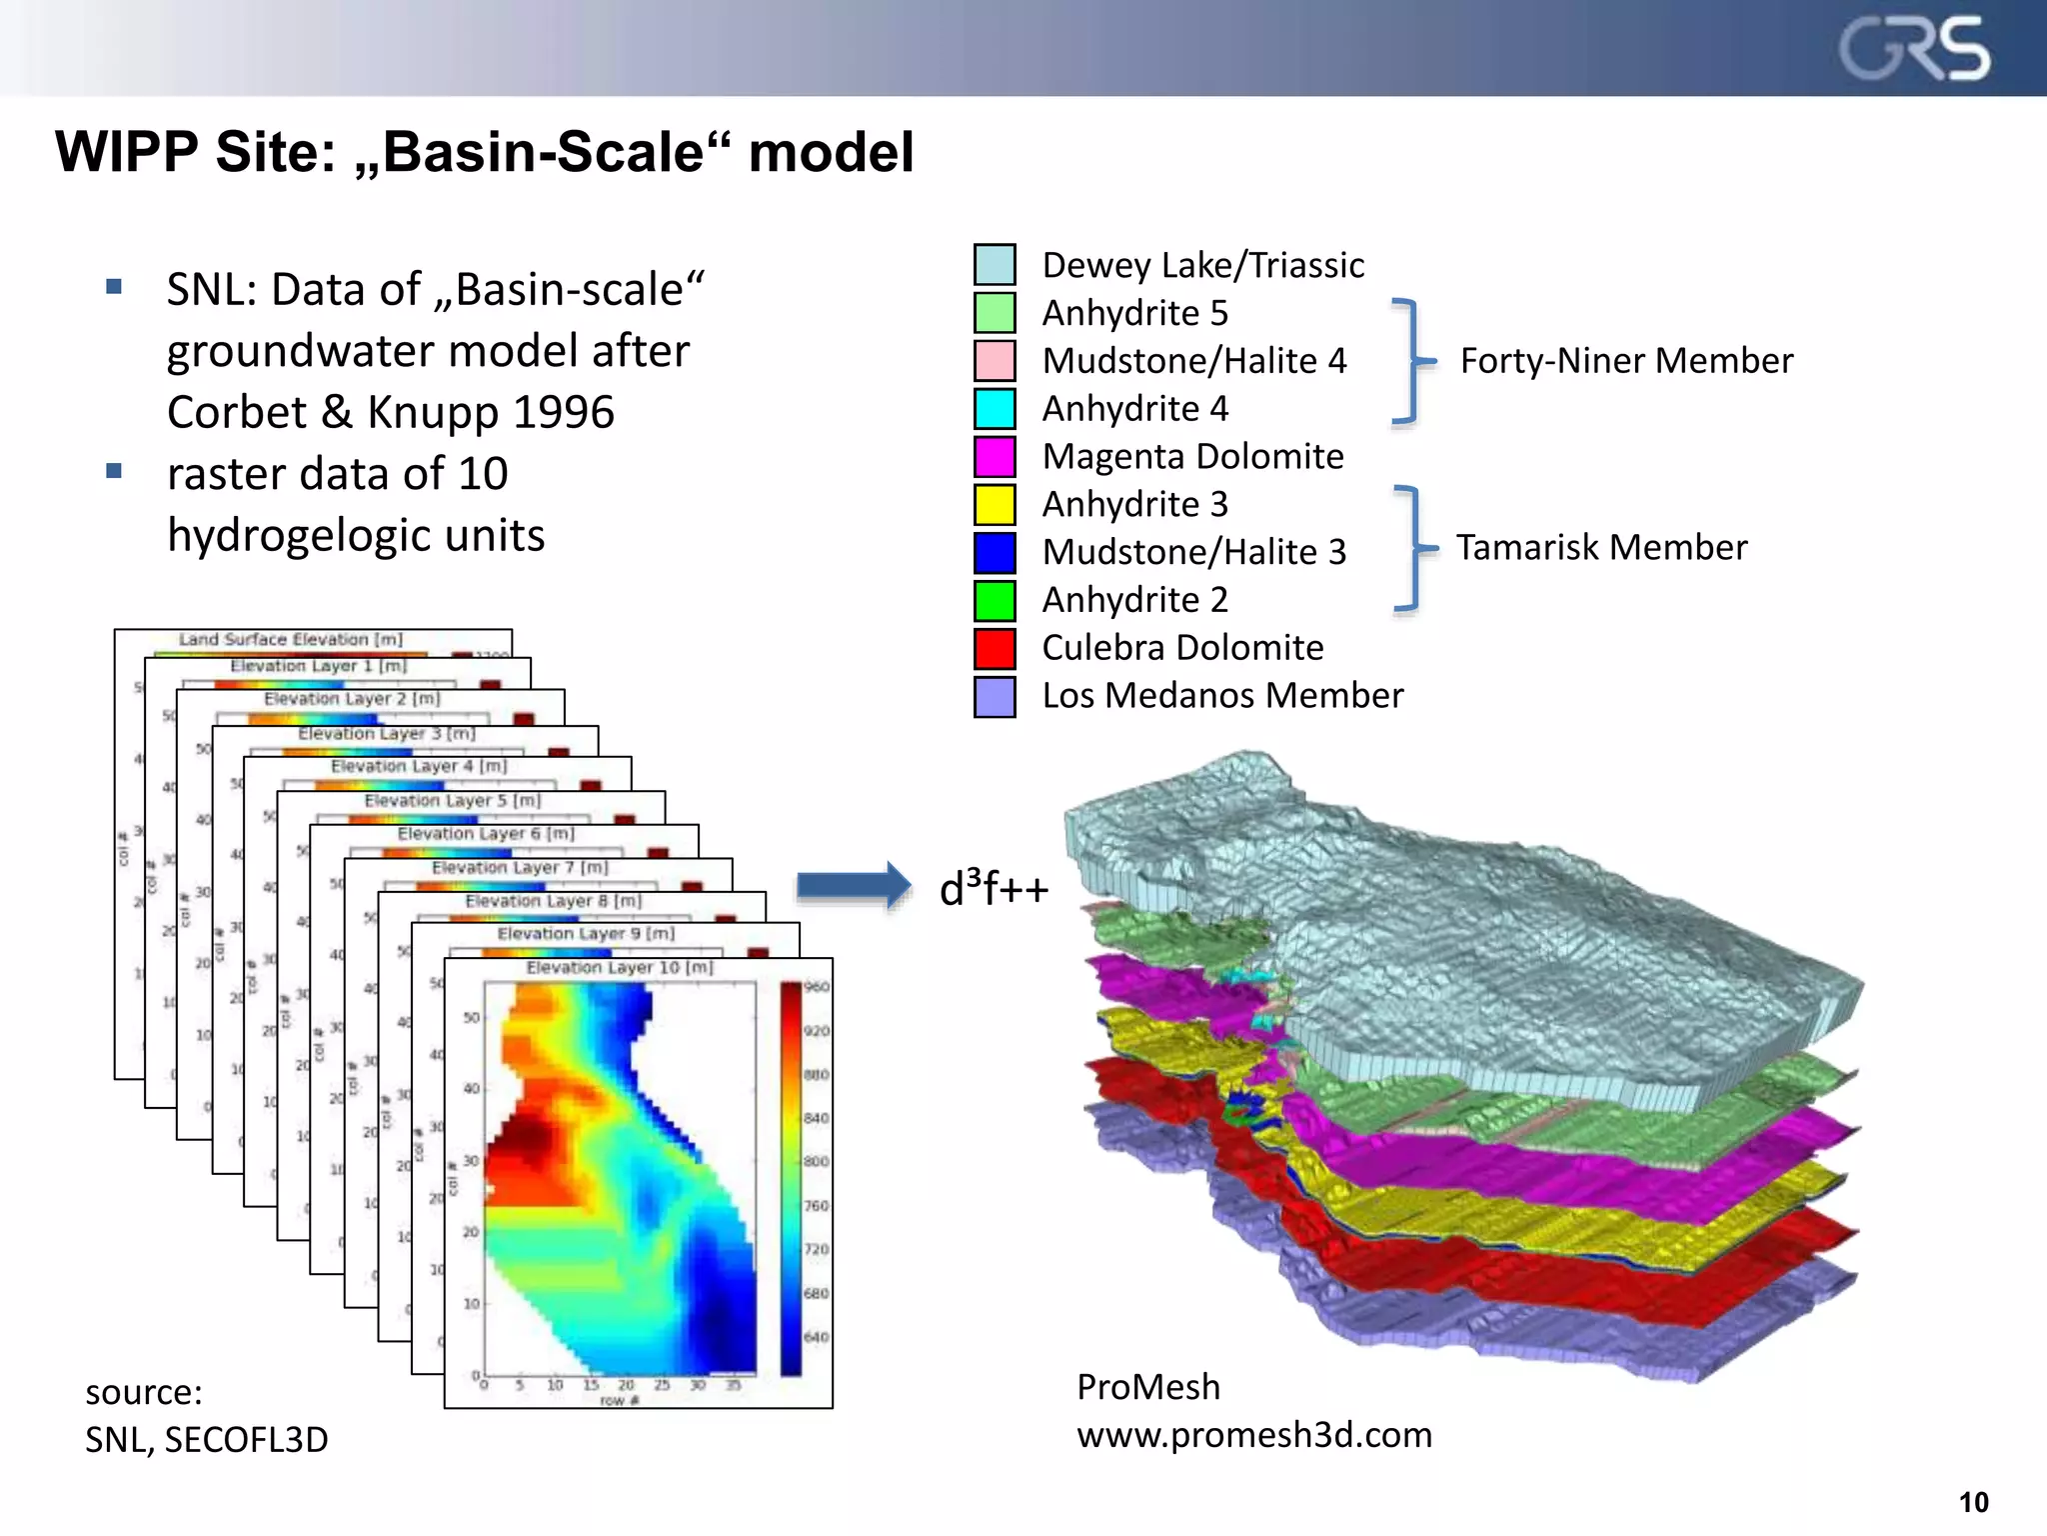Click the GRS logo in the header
coord(1914,48)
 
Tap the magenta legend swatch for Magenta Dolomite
coord(995,456)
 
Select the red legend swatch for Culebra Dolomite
coord(995,648)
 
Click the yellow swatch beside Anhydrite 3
coord(995,504)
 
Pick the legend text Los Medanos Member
coord(1221,695)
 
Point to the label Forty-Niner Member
coord(1626,360)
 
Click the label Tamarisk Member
coord(1601,547)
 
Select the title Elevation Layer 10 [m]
coord(620,968)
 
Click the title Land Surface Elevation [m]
coord(291,639)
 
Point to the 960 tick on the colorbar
coord(817,987)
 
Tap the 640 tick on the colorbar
coord(817,1337)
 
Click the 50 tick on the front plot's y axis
coord(472,1018)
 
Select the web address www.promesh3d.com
coord(1253,1434)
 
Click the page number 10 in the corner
coord(1973,1502)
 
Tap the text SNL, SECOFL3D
coord(206,1439)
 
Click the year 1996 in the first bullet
coord(564,412)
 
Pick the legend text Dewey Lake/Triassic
coord(1202,265)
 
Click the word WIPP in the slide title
coord(126,152)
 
